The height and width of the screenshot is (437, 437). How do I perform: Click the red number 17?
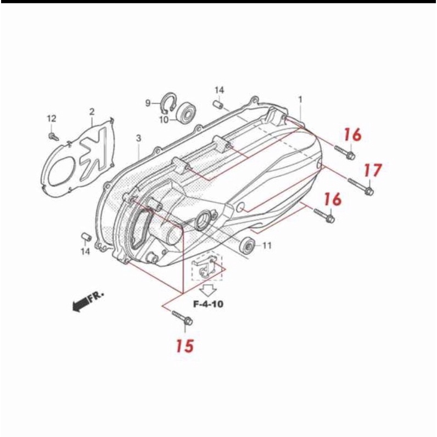[x=373, y=170]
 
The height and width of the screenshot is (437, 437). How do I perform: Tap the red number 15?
[x=185, y=346]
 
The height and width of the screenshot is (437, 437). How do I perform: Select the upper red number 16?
[x=352, y=135]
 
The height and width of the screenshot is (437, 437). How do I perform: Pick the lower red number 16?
[x=333, y=199]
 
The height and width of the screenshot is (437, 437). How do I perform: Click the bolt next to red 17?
[x=361, y=187]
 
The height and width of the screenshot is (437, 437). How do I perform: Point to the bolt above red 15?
[x=183, y=318]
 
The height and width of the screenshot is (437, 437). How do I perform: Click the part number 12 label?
[x=51, y=119]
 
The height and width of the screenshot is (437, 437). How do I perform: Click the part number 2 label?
[x=92, y=112]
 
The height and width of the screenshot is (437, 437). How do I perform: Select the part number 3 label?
[x=138, y=138]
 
